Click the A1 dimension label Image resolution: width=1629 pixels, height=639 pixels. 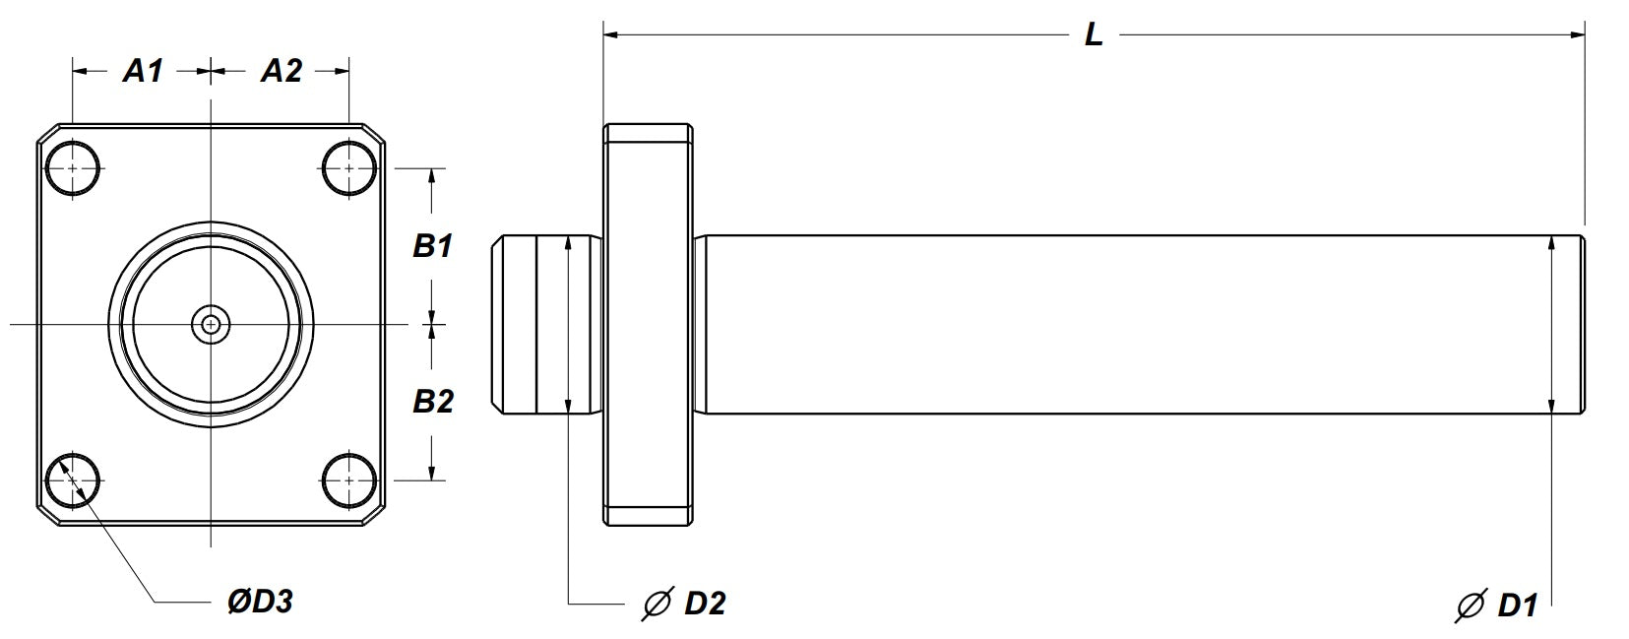[x=142, y=71]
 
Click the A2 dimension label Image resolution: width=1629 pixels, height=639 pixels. [x=282, y=71]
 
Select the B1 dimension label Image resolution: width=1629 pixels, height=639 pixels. [x=432, y=246]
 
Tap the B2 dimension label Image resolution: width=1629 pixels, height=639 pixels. [x=432, y=401]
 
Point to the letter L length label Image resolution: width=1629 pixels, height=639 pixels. [x=1094, y=35]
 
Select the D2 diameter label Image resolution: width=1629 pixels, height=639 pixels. [x=704, y=603]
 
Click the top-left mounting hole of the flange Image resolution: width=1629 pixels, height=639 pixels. [x=72, y=168]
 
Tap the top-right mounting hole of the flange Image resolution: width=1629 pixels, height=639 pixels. [x=349, y=168]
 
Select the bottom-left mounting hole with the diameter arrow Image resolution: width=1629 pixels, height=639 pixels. [x=72, y=480]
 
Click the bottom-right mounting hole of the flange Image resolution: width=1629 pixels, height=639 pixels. [x=349, y=480]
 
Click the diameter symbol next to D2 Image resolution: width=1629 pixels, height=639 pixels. [x=656, y=603]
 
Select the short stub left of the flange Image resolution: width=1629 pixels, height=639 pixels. [x=546, y=324]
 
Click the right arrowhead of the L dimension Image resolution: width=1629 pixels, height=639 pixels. [x=1577, y=35]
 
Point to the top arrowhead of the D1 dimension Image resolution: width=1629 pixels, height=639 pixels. [x=1551, y=242]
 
